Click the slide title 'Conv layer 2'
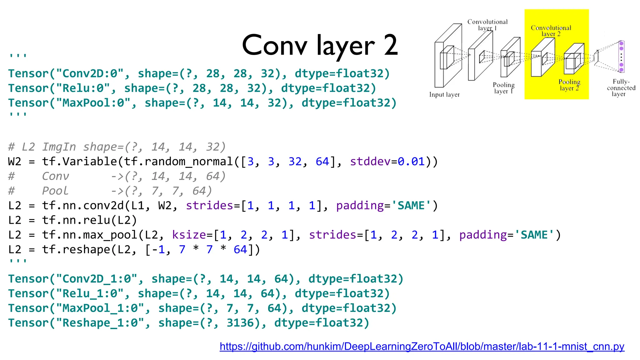tap(320, 46)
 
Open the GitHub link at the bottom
tap(422, 346)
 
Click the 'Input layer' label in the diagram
tap(444, 94)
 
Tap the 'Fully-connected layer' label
tap(621, 87)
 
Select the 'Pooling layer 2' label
tap(569, 85)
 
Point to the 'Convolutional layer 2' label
tap(551, 31)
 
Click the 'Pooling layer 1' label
tap(503, 88)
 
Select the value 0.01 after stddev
tap(411, 162)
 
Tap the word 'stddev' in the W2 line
tap(370, 162)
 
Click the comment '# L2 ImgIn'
tap(42, 147)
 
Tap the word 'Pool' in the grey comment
tap(55, 191)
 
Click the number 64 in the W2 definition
tap(322, 162)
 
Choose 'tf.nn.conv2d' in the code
tap(83, 206)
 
